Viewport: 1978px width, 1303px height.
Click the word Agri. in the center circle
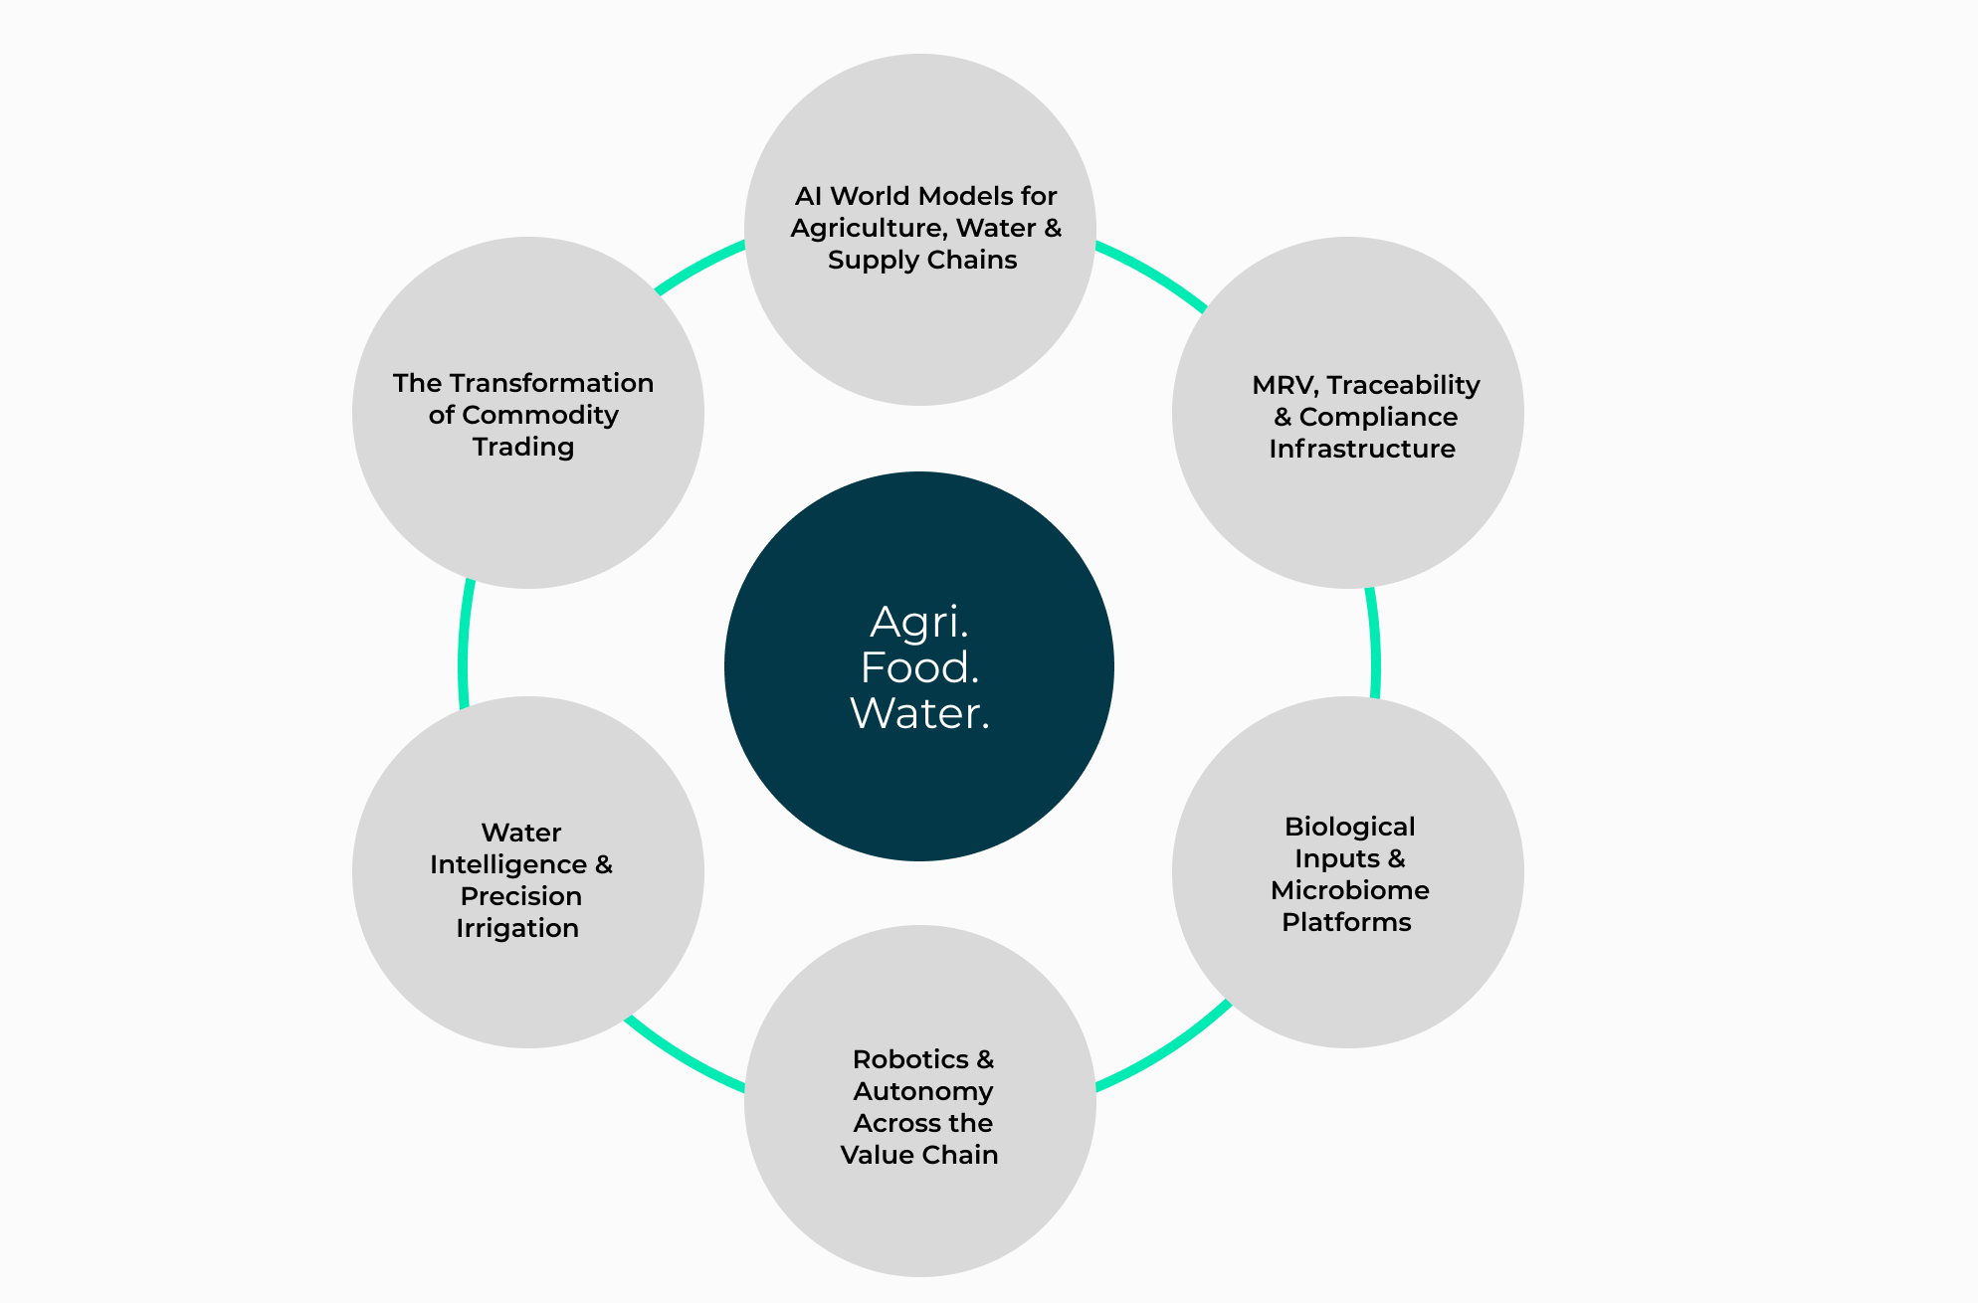(918, 623)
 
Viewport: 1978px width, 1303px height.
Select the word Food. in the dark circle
(919, 667)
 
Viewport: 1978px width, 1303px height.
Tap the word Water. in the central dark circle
(919, 713)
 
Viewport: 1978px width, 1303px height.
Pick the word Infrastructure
(1361, 449)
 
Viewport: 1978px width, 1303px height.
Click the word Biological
(1349, 827)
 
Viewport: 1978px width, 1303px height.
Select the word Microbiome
(1349, 890)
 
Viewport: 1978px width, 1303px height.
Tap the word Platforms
(1346, 922)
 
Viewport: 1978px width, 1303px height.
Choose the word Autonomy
(922, 1091)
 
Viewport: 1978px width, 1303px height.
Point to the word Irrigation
(517, 928)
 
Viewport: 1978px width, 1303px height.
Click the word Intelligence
(508, 864)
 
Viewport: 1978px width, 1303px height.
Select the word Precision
(520, 896)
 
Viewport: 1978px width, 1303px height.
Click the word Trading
(523, 447)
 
